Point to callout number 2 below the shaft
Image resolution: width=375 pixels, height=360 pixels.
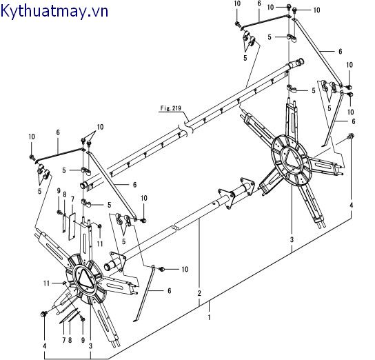200,292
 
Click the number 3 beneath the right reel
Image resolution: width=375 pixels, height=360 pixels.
292,239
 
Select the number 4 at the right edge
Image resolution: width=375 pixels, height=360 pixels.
350,206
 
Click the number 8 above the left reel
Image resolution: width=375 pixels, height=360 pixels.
65,195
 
